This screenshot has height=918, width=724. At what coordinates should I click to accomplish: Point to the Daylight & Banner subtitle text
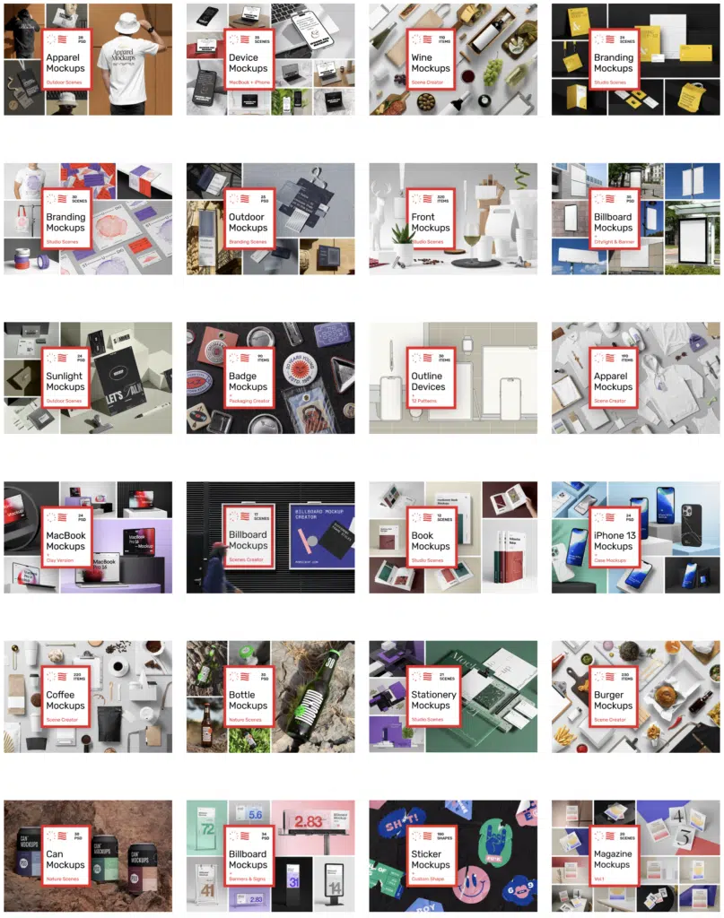613,242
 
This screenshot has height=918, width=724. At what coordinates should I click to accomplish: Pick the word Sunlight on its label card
65,377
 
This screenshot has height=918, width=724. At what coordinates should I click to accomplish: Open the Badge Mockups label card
248,382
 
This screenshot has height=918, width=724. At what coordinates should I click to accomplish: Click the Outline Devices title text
428,382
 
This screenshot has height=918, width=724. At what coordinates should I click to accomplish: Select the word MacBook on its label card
65,535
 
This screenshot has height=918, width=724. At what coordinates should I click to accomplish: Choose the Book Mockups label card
431,541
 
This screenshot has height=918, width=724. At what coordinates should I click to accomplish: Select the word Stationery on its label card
434,695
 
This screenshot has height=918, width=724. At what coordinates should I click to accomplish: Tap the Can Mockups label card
65,860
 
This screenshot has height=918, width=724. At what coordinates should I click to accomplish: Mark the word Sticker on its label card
427,854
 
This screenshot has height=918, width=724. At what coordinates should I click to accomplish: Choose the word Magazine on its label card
614,854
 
